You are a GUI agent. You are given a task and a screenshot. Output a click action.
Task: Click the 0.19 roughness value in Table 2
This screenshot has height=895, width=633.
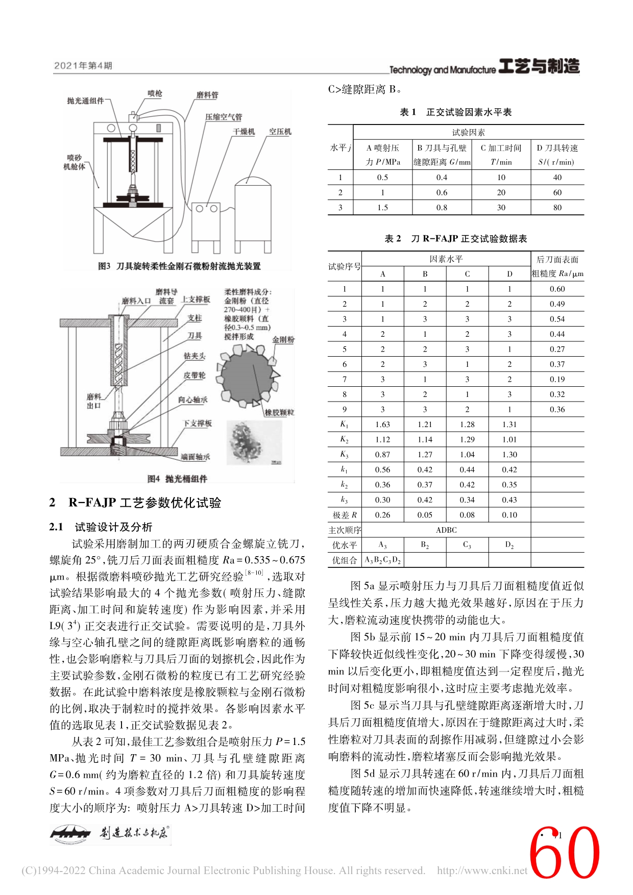[x=557, y=379]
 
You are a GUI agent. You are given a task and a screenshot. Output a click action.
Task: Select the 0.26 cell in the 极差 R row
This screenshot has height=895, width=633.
[x=382, y=515]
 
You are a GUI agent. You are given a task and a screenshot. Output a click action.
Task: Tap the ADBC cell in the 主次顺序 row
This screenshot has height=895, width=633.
[x=446, y=530]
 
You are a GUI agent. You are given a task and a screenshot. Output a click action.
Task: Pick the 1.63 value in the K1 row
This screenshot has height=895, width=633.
[x=382, y=425]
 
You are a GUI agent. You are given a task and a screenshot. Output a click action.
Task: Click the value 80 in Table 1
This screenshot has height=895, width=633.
[x=557, y=208]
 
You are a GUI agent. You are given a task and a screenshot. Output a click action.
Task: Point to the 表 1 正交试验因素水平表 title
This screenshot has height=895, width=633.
[x=455, y=112]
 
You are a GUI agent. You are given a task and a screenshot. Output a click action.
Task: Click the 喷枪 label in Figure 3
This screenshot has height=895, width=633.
[x=155, y=93]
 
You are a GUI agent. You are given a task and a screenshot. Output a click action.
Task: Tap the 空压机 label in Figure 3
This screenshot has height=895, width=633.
[x=280, y=132]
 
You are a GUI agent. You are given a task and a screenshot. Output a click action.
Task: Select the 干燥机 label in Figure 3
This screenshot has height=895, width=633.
[x=244, y=132]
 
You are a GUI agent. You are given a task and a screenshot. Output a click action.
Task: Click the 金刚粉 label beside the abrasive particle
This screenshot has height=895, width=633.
[x=283, y=339]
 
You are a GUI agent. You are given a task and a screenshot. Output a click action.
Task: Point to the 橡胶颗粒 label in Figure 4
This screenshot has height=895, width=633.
[x=279, y=412]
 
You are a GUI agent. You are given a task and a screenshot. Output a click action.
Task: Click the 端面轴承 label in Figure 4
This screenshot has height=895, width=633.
[x=195, y=457]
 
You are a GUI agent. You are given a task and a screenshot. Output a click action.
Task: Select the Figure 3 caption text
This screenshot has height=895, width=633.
[x=179, y=266]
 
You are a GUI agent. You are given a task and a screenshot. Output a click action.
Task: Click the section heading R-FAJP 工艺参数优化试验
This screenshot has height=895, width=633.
[x=144, y=503]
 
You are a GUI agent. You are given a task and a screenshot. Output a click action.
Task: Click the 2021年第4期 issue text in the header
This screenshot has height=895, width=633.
[x=83, y=66]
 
